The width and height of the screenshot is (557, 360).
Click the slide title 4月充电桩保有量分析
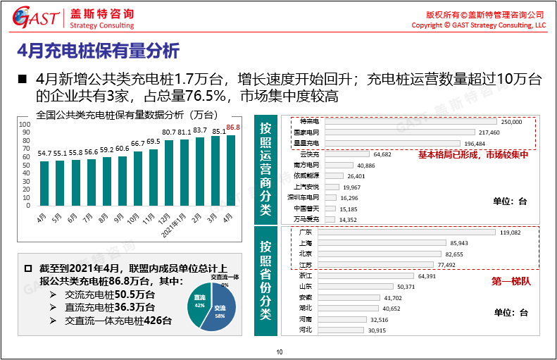pos(98,51)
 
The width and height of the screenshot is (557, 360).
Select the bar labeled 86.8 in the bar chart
pos(230,170)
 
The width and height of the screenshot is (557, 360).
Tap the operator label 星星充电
pos(306,143)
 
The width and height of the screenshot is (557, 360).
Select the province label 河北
pos(305,330)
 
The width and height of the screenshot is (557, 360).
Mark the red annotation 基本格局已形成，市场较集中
pos(472,156)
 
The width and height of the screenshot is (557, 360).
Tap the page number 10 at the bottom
pos(279,352)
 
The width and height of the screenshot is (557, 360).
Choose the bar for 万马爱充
pos(330,220)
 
